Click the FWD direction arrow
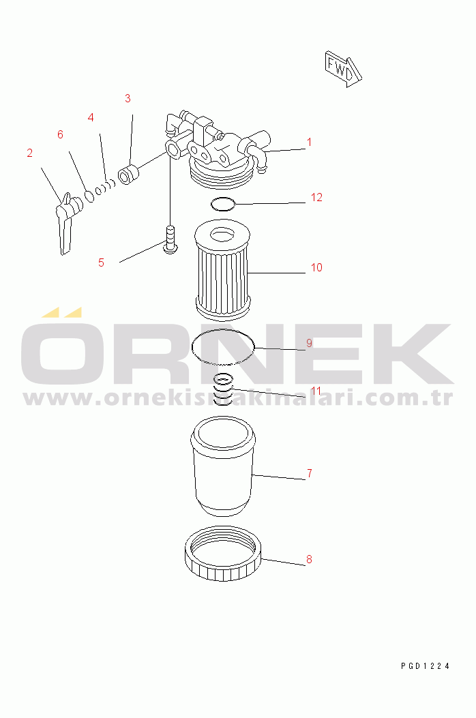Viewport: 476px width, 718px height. tap(343, 69)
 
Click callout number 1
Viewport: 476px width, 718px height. tap(309, 143)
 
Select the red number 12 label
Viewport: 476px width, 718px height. tap(316, 197)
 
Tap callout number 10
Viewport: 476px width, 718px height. tap(316, 267)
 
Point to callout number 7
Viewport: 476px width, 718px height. tap(310, 473)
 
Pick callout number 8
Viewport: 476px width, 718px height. tap(309, 559)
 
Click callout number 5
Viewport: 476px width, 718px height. tap(101, 263)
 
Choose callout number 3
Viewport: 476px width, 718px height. tap(128, 98)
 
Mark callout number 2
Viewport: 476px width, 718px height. tap(30, 153)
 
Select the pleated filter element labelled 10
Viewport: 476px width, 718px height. tap(222, 270)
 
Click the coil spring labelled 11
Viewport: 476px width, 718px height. tap(223, 389)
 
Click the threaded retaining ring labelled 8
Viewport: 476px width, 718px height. tap(223, 554)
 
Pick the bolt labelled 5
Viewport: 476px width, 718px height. tap(170, 239)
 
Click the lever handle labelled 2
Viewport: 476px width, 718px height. tap(68, 223)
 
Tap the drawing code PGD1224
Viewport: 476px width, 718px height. tap(425, 666)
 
